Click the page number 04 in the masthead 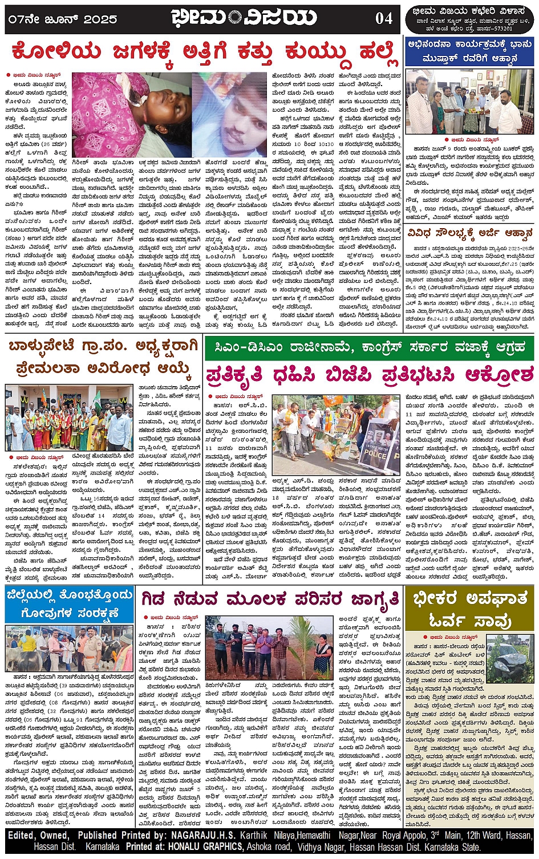pyautogui.click(x=383, y=18)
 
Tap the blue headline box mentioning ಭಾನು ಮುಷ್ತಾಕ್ pyautogui.click(x=470, y=51)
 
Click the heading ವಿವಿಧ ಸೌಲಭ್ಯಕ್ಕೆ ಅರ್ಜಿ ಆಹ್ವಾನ pyautogui.click(x=470, y=233)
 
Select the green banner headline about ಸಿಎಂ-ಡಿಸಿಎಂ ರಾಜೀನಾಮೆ pyautogui.click(x=370, y=347)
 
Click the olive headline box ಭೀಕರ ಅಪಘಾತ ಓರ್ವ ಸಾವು pyautogui.click(x=470, y=610)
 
